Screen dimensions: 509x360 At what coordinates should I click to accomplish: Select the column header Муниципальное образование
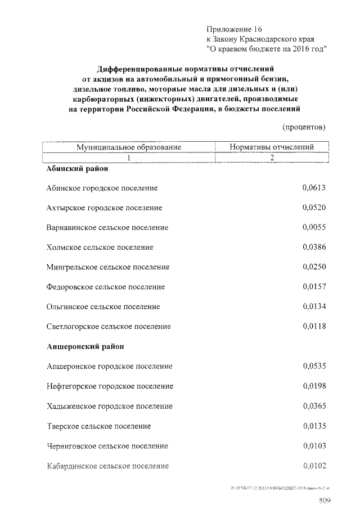pos(129,147)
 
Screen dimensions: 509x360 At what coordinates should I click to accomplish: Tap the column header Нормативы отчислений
pos(272,147)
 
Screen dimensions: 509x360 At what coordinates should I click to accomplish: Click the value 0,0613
pos(314,188)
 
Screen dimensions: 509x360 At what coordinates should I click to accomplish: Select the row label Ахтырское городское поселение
pos(104,208)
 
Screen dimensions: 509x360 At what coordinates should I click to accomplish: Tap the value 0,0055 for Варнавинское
pos(314,228)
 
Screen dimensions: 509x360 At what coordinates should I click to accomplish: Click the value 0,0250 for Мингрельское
pos(314,267)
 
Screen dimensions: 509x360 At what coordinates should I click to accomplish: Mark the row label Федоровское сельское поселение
pos(106,287)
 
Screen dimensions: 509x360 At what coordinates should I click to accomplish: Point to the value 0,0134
pos(314,307)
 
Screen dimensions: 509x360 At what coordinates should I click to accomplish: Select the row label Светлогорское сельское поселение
pos(109,326)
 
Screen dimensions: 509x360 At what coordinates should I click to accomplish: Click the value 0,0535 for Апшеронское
pos(314,366)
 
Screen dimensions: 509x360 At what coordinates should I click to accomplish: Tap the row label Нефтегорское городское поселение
pos(110,386)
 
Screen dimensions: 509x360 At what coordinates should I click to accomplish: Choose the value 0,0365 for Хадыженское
pos(314,406)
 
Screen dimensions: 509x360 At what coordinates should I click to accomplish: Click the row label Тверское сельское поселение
pos(98,426)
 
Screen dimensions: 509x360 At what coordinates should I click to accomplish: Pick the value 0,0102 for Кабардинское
pos(314,466)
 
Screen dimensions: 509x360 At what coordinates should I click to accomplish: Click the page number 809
pos(325,500)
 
